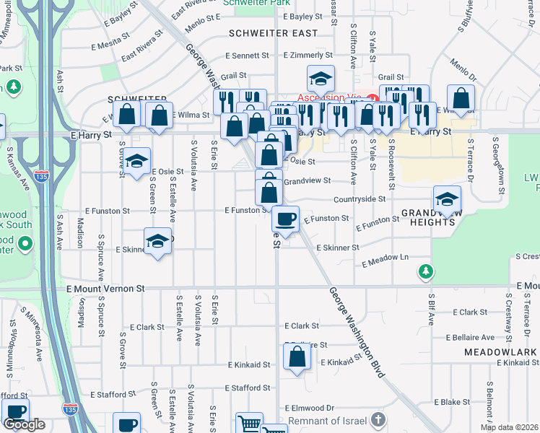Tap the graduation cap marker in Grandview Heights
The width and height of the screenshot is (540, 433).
pyautogui.click(x=448, y=198)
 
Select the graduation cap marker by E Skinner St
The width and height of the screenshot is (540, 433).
pyautogui.click(x=158, y=242)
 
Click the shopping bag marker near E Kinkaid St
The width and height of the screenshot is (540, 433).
pyautogui.click(x=297, y=357)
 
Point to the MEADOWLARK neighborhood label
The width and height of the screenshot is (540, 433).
pyautogui.click(x=501, y=352)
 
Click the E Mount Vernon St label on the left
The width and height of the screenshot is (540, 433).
pyautogui.click(x=105, y=288)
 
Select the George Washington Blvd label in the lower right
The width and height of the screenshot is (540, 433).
pyautogui.click(x=357, y=333)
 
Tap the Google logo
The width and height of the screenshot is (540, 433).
pyautogui.click(x=25, y=424)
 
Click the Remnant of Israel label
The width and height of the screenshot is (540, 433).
pyautogui.click(x=328, y=421)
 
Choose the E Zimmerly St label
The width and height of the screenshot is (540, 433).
pyautogui.click(x=308, y=55)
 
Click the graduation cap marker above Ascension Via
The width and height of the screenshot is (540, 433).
pyautogui.click(x=320, y=78)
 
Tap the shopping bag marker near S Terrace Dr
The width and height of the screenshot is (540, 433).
pyautogui.click(x=461, y=98)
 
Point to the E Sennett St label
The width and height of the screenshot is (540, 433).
pyautogui.click(x=247, y=55)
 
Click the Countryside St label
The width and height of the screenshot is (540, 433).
pyautogui.click(x=359, y=198)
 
